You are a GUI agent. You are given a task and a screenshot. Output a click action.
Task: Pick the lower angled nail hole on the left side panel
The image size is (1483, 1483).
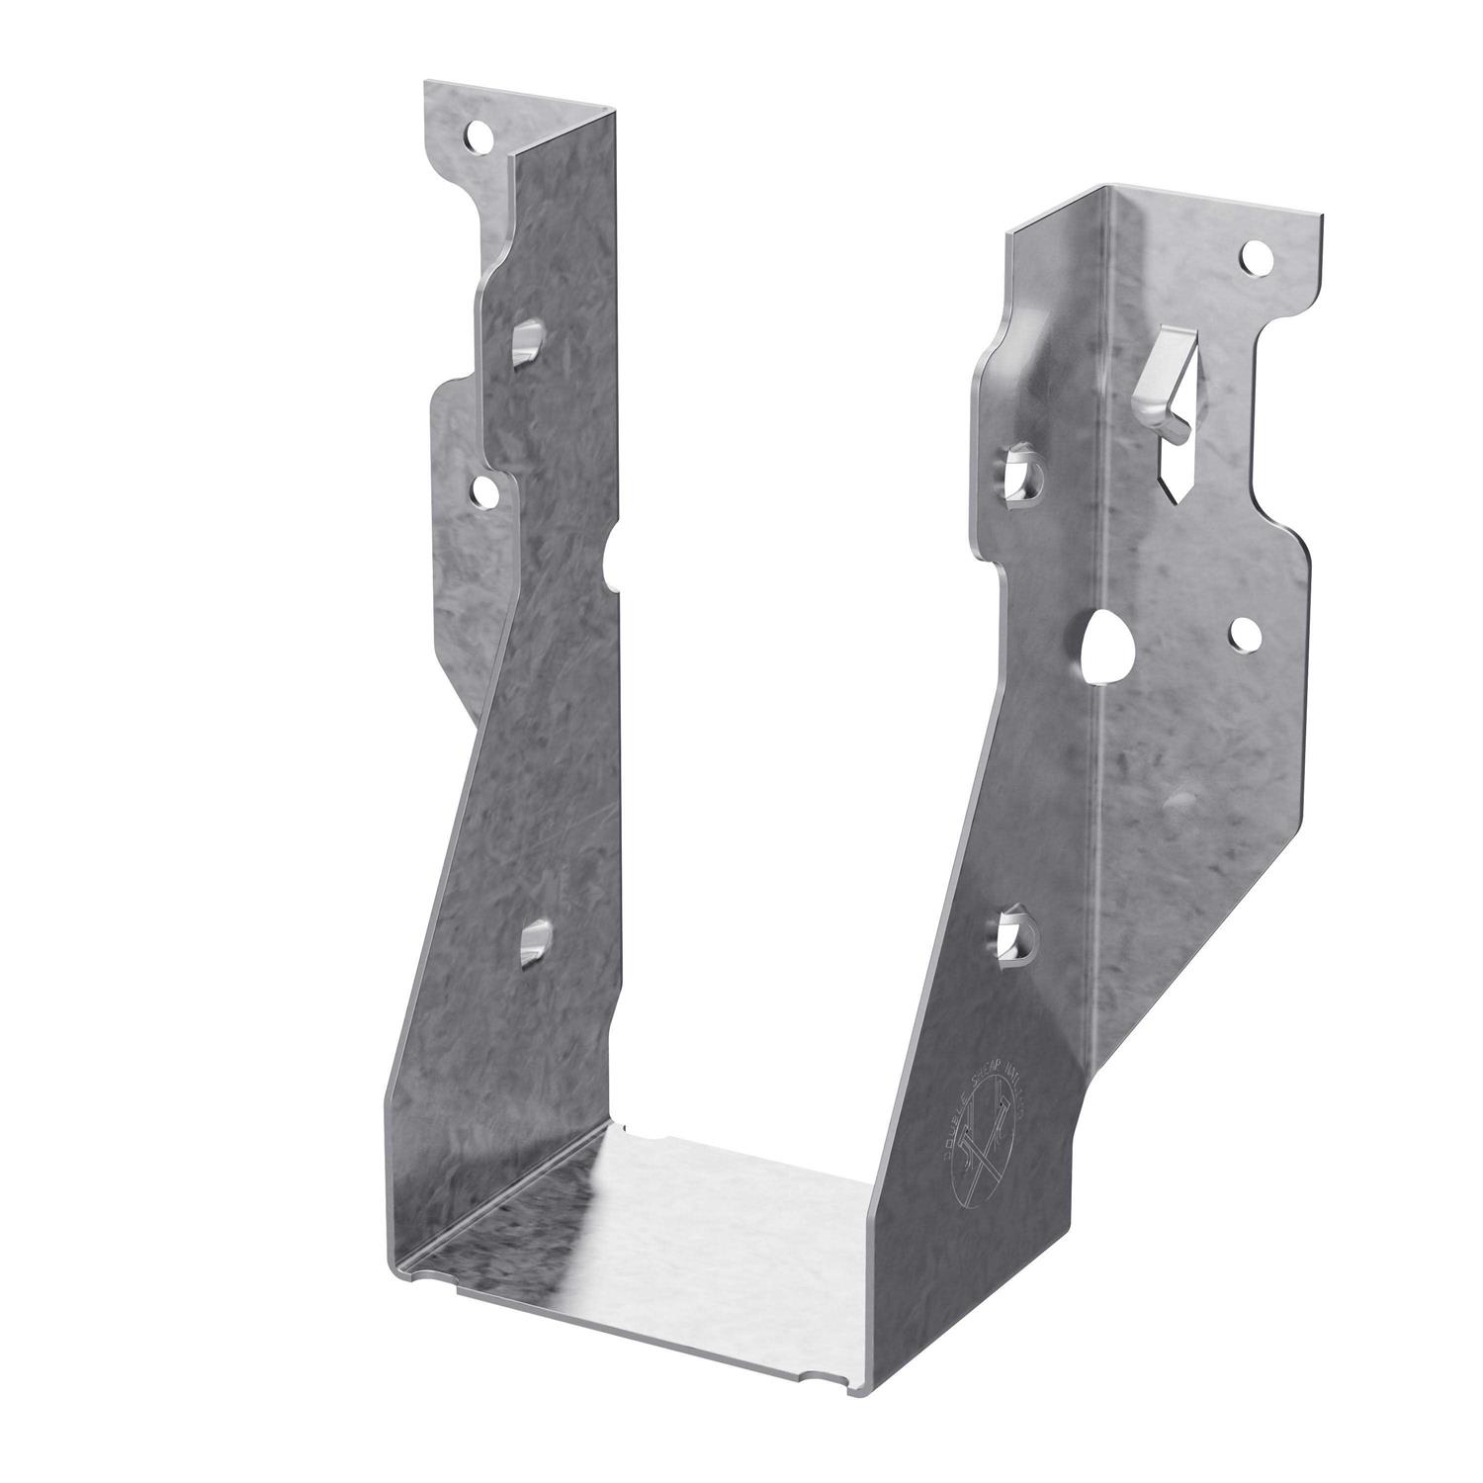[x=534, y=939]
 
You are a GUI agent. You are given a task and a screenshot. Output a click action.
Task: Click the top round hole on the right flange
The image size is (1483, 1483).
[x=1256, y=260]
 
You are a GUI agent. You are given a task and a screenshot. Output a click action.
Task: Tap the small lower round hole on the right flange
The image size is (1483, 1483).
[x=1243, y=636]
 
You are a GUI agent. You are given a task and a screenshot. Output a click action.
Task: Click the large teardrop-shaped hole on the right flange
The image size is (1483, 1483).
[x=1100, y=645]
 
